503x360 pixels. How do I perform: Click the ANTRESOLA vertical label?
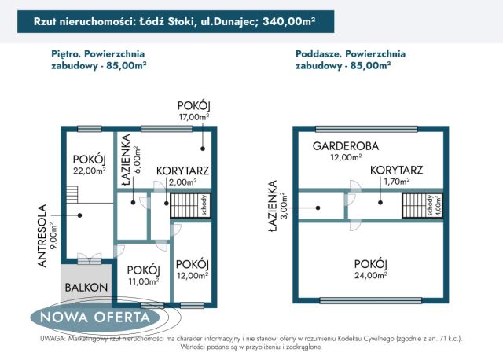coord(46,237)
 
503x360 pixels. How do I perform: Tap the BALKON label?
coord(86,288)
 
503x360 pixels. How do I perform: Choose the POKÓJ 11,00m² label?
coord(143,275)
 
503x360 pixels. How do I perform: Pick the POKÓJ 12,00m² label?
coord(191,269)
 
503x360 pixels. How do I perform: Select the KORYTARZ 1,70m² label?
coord(397,174)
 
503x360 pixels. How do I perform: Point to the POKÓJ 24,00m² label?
coord(371,269)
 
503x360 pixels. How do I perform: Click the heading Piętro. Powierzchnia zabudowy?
coord(97,60)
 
